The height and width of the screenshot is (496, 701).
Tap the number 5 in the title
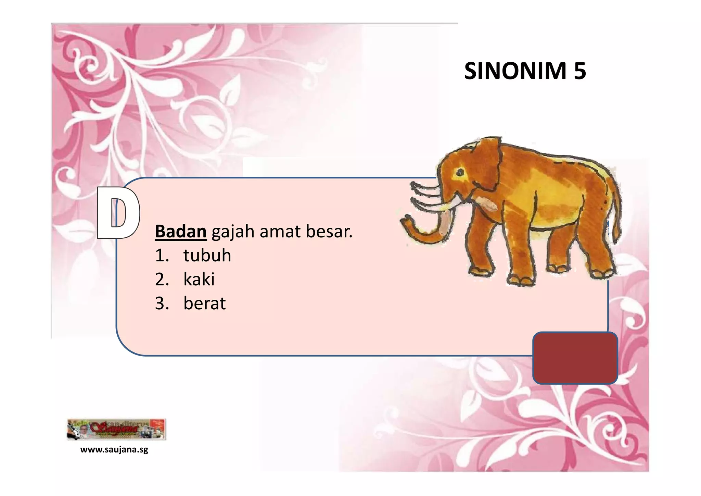point(580,71)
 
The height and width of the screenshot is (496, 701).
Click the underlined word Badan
point(180,231)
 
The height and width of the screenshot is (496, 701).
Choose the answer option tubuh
point(207,255)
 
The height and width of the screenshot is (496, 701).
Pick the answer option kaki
point(199,279)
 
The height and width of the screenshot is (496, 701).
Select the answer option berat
point(204,303)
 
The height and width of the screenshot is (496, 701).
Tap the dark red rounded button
point(575,358)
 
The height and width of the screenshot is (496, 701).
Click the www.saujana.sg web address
point(114,450)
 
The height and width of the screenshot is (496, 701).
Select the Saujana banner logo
point(116,429)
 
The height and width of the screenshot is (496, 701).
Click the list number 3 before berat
point(162,303)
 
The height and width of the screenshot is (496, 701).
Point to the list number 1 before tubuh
point(162,255)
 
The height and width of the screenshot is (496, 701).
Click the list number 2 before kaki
point(162,279)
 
